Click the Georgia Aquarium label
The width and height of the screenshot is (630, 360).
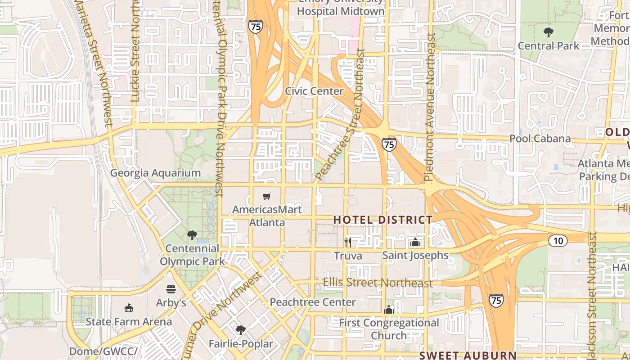(155, 173)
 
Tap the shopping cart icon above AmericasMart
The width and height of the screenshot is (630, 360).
(267, 196)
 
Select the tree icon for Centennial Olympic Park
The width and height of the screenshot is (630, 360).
(192, 235)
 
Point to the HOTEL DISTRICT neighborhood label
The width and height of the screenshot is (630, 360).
(383, 220)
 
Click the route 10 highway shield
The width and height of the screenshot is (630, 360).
(558, 241)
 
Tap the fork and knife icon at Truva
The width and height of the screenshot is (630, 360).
(347, 243)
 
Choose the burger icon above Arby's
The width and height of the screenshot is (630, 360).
(171, 289)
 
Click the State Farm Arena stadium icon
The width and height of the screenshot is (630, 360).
(129, 308)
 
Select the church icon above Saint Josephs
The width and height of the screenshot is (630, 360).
(415, 242)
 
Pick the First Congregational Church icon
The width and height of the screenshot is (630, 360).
(389, 310)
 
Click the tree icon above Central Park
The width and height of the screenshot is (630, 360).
(548, 32)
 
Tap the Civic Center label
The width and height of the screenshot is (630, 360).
(314, 91)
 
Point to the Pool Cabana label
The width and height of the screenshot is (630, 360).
(540, 139)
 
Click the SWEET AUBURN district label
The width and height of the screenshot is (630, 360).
(468, 355)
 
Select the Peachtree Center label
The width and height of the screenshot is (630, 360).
(313, 302)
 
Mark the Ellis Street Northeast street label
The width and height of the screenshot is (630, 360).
(378, 283)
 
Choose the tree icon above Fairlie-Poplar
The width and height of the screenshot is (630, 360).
(241, 330)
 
